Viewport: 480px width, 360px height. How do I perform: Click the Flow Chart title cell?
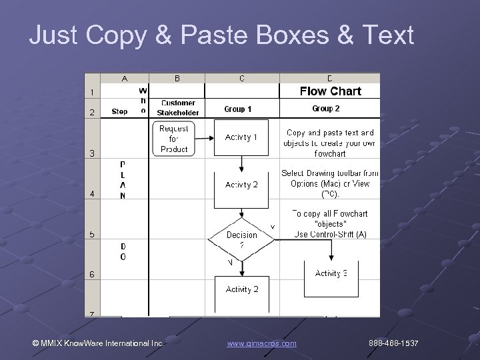pyautogui.click(x=330, y=91)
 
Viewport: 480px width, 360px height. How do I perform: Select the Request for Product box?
pyautogui.click(x=174, y=138)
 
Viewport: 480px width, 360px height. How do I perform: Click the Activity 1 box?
pyautogui.click(x=241, y=137)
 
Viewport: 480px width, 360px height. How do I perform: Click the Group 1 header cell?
pyautogui.click(x=238, y=109)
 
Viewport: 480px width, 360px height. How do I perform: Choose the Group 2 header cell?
pyautogui.click(x=325, y=108)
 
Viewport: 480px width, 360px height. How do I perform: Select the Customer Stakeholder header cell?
pyautogui.click(x=177, y=107)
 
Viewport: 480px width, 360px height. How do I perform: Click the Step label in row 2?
pyautogui.click(x=120, y=111)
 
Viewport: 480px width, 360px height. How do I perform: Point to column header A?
pyautogui.click(x=125, y=79)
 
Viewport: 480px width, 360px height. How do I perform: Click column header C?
pyautogui.click(x=241, y=79)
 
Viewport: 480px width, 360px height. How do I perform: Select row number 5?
pyautogui.click(x=92, y=234)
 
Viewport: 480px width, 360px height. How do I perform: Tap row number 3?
pyautogui.click(x=92, y=153)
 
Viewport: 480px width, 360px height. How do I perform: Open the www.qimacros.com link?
pyautogui.click(x=261, y=343)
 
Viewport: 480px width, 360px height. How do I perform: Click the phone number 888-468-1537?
pyautogui.click(x=393, y=343)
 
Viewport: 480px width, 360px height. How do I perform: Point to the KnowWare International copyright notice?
pyautogui.click(x=99, y=343)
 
